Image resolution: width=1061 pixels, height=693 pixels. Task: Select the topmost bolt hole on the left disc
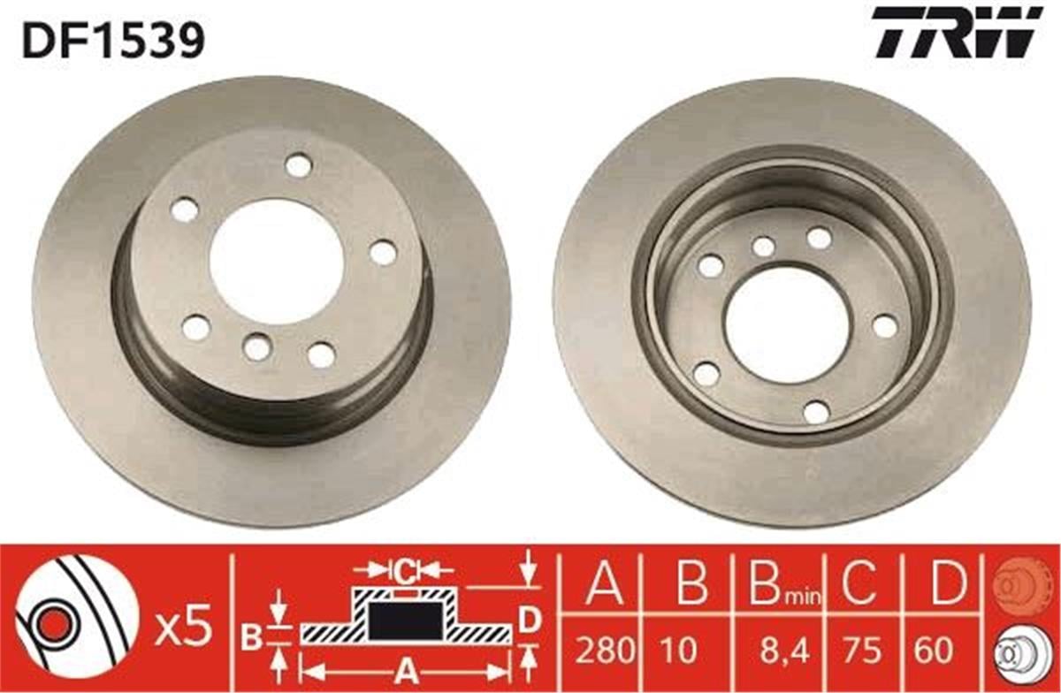click(x=299, y=165)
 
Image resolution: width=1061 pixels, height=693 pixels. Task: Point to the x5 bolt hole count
click(x=186, y=628)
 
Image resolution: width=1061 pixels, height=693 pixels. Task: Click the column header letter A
click(x=605, y=584)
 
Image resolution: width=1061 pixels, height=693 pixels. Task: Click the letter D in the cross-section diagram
click(x=529, y=621)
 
